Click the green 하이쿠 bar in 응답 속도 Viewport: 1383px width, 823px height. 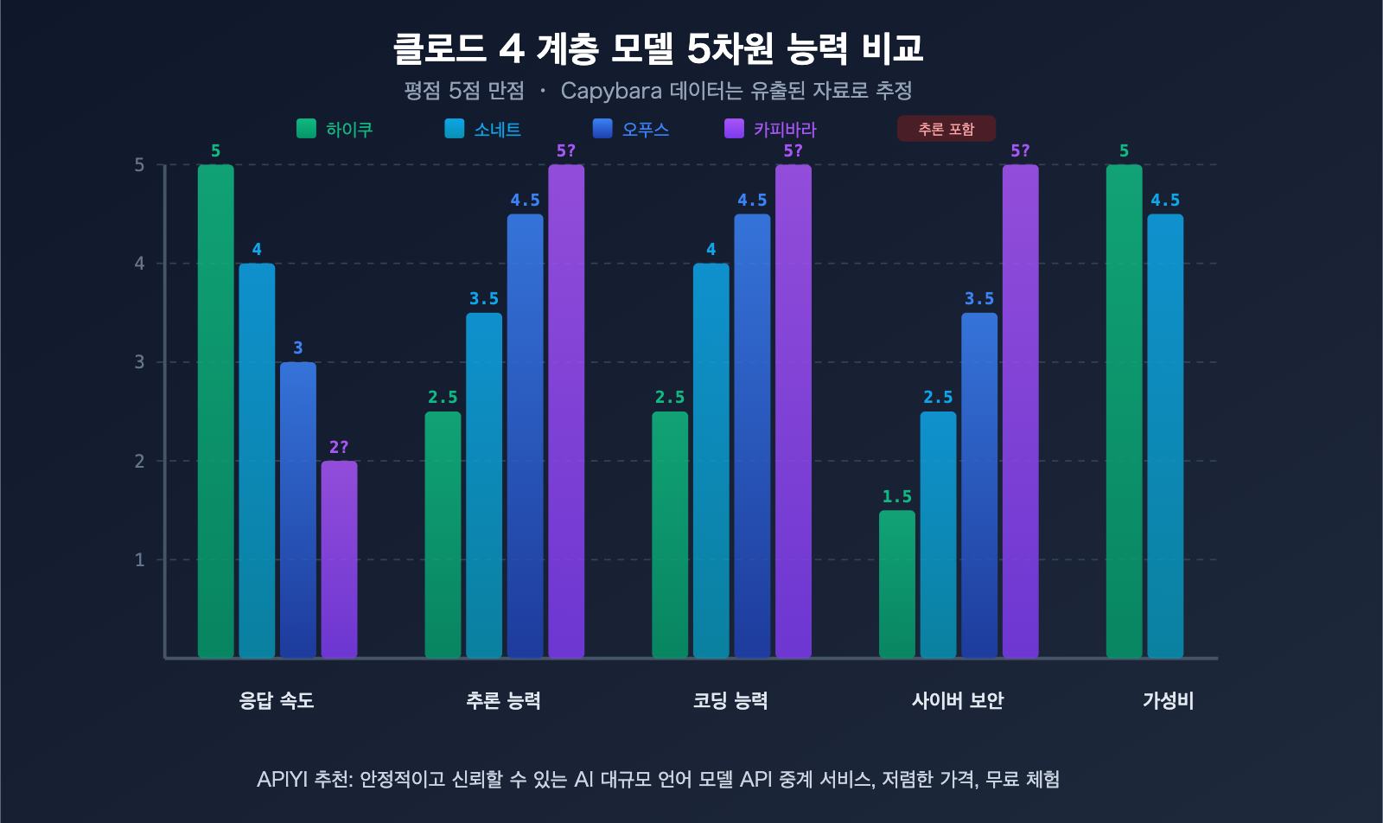coord(215,411)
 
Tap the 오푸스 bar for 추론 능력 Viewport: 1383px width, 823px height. coord(525,436)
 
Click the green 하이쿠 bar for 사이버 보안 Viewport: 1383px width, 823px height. coord(896,584)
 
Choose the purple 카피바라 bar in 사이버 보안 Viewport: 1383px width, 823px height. coord(1020,411)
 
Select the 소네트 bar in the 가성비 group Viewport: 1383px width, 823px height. coord(1165,436)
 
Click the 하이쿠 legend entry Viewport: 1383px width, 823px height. coord(335,129)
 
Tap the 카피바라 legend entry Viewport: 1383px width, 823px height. coord(771,129)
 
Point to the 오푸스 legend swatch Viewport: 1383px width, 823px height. coord(602,129)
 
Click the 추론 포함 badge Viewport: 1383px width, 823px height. coord(946,129)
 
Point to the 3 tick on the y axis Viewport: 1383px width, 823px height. coord(140,362)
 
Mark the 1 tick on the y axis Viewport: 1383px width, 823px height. coord(140,560)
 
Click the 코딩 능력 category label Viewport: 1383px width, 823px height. coord(730,700)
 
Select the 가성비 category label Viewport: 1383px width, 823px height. coord(1168,700)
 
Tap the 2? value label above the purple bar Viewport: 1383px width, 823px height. coord(339,447)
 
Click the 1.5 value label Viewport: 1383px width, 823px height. coord(896,496)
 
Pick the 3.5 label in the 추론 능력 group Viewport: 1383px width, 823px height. coord(484,298)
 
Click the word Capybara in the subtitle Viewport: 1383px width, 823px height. coord(611,91)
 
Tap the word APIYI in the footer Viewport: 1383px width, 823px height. coord(282,779)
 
